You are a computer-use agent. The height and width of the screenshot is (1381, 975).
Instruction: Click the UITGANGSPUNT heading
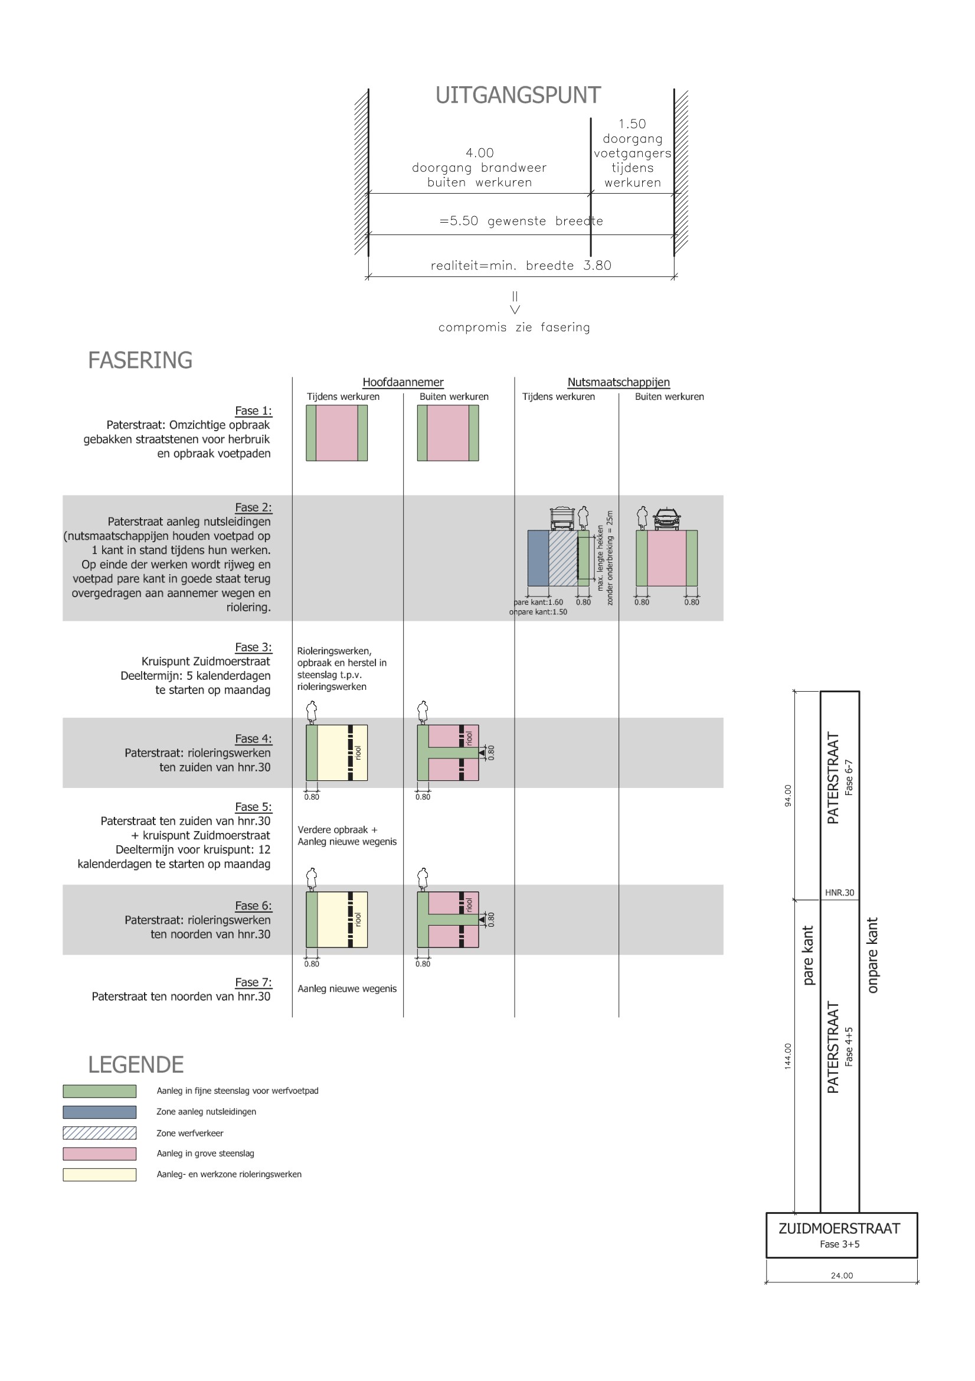tap(518, 95)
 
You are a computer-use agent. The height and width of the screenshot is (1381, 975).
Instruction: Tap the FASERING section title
tap(140, 360)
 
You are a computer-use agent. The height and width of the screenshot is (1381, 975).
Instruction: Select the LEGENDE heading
tap(136, 1064)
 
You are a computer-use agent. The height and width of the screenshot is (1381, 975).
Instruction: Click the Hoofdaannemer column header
tap(403, 382)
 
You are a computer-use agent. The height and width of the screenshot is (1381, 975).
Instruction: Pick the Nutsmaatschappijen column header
tap(618, 382)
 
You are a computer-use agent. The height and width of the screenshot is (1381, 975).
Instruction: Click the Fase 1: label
tap(253, 411)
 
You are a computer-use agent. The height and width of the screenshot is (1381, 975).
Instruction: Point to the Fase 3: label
tap(253, 647)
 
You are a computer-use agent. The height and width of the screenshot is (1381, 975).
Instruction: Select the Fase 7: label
tap(253, 982)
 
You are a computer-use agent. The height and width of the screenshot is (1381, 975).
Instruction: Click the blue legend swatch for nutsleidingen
tap(99, 1112)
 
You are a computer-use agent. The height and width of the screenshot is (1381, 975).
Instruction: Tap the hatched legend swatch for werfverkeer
tap(99, 1133)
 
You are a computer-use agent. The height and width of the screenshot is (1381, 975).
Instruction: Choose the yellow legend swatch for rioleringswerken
tap(99, 1175)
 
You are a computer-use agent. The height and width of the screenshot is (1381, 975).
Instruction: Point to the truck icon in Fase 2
tap(562, 517)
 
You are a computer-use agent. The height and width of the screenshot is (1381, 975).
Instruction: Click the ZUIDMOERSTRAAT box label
tap(839, 1228)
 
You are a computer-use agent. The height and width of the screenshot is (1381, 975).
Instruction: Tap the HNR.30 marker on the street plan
tap(839, 893)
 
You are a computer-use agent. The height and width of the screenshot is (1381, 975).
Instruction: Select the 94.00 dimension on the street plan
tap(788, 795)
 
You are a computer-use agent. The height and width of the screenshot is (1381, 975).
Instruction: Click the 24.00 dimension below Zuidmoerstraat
tap(842, 1275)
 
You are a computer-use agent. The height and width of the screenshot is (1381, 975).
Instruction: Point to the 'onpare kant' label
tap(872, 955)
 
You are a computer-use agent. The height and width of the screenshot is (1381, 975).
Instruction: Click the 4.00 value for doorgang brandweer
tap(479, 153)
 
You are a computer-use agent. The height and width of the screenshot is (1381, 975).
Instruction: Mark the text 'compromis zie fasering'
tap(514, 327)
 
